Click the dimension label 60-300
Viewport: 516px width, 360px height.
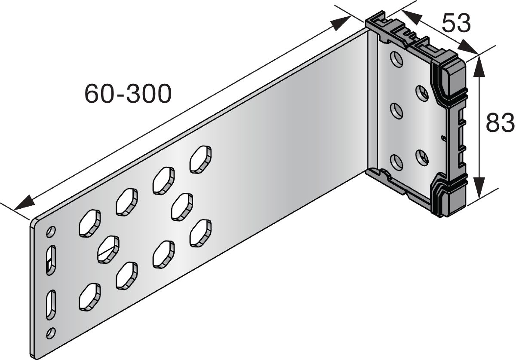point(128,93)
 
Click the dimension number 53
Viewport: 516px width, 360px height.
point(457,24)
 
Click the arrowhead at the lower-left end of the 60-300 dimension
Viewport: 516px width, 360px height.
point(24,202)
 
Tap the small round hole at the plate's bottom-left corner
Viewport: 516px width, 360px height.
point(52,332)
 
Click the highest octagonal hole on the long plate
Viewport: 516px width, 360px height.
point(201,159)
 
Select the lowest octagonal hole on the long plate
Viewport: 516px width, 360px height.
point(89,296)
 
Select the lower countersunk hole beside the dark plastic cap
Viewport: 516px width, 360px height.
point(422,157)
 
